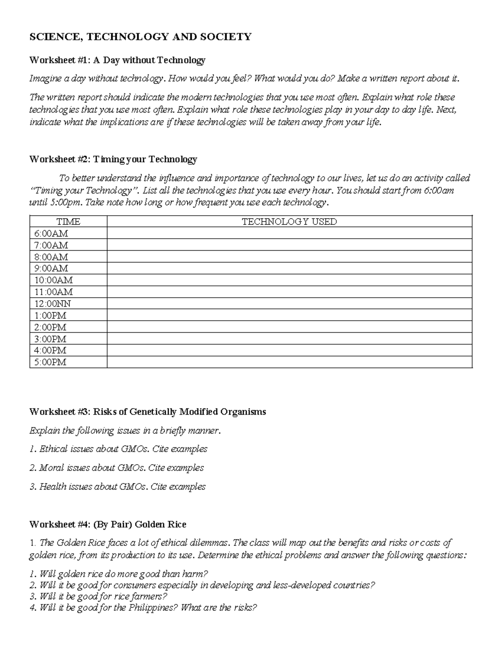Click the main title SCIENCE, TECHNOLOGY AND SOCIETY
140,37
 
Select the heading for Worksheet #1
117,60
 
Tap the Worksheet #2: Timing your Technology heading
113,159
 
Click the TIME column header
68,222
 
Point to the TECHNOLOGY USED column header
289,222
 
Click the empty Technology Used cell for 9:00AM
289,268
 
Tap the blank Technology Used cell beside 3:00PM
289,339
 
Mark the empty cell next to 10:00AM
289,280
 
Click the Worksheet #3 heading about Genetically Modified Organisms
147,412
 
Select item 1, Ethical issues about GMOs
118,449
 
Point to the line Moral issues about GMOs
117,468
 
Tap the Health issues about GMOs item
118,486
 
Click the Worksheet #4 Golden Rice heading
108,524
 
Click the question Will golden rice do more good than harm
119,573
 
